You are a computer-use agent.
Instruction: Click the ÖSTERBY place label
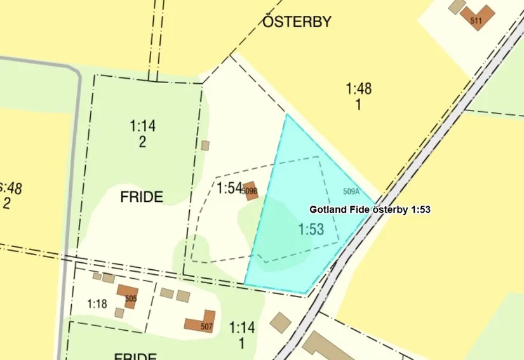(x=297, y=22)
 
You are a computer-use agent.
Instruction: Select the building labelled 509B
(x=250, y=190)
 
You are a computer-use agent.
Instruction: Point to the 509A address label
(x=351, y=190)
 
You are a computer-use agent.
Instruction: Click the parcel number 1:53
(x=311, y=230)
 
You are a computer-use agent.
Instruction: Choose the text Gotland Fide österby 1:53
(x=370, y=209)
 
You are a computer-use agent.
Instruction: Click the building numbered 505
(x=128, y=295)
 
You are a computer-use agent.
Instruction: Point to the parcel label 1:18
(x=97, y=304)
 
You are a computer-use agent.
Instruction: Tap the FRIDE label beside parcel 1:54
(x=141, y=197)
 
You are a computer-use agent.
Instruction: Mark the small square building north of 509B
(x=205, y=145)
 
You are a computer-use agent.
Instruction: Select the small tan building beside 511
(x=456, y=7)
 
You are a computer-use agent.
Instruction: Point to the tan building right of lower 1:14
(x=280, y=322)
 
